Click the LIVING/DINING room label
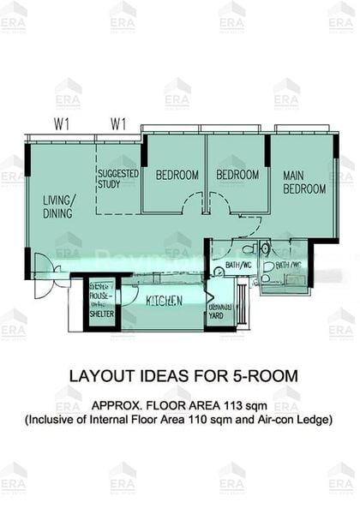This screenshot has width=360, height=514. pos(59,206)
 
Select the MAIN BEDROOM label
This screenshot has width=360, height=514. pos(304,182)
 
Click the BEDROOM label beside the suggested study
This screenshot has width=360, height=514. pos(177,175)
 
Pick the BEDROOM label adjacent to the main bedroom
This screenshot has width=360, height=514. pos(237,175)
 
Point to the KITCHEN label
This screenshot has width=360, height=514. pos(163,301)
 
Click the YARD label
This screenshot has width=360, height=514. pos(217,315)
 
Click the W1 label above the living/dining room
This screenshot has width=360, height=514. pos(61,123)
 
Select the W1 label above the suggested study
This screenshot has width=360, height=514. pos(118,123)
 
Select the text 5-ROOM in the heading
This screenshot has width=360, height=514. pos(260,376)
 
